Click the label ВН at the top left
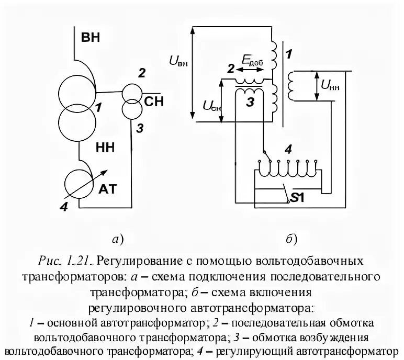pyautogui.click(x=90, y=37)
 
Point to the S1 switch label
pyautogui.click(x=298, y=198)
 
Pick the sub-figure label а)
pyautogui.click(x=117, y=240)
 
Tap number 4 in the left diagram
pyautogui.click(x=64, y=207)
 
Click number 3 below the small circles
pyautogui.click(x=139, y=128)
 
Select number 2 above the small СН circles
pyautogui.click(x=141, y=74)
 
